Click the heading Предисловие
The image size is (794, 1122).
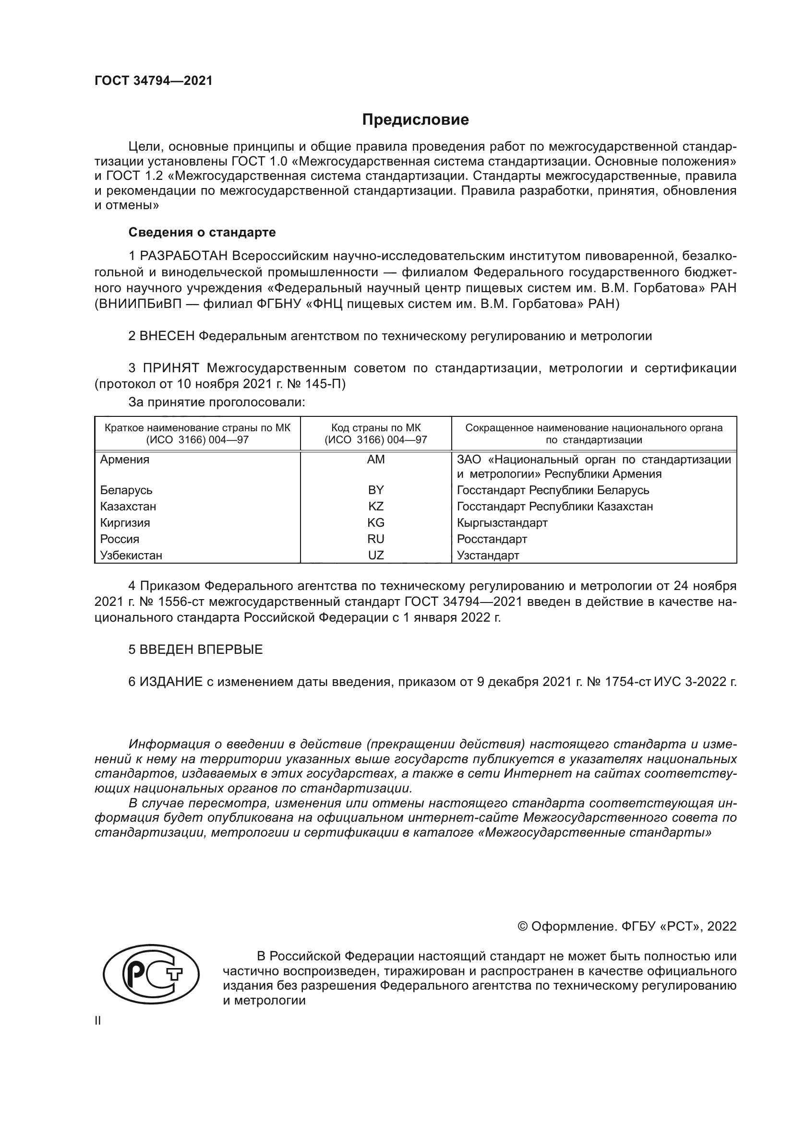pos(415,120)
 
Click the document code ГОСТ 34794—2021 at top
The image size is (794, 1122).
pos(154,81)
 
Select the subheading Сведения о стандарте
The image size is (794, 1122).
pos(202,232)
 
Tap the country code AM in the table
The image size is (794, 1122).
pos(375,460)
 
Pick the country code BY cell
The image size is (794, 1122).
pos(375,490)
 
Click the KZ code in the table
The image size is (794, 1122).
pos(375,506)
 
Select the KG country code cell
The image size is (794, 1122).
pos(375,523)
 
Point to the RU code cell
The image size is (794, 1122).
pos(375,539)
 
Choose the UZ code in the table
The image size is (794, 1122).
pos(375,555)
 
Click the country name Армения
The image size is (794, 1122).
pos(125,460)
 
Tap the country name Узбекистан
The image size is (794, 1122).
pos(131,555)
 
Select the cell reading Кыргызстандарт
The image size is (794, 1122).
pos(502,523)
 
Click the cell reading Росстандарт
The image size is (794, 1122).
pos(492,539)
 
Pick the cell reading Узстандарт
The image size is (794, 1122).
pos(488,555)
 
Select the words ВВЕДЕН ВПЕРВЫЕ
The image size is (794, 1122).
pos(201,650)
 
